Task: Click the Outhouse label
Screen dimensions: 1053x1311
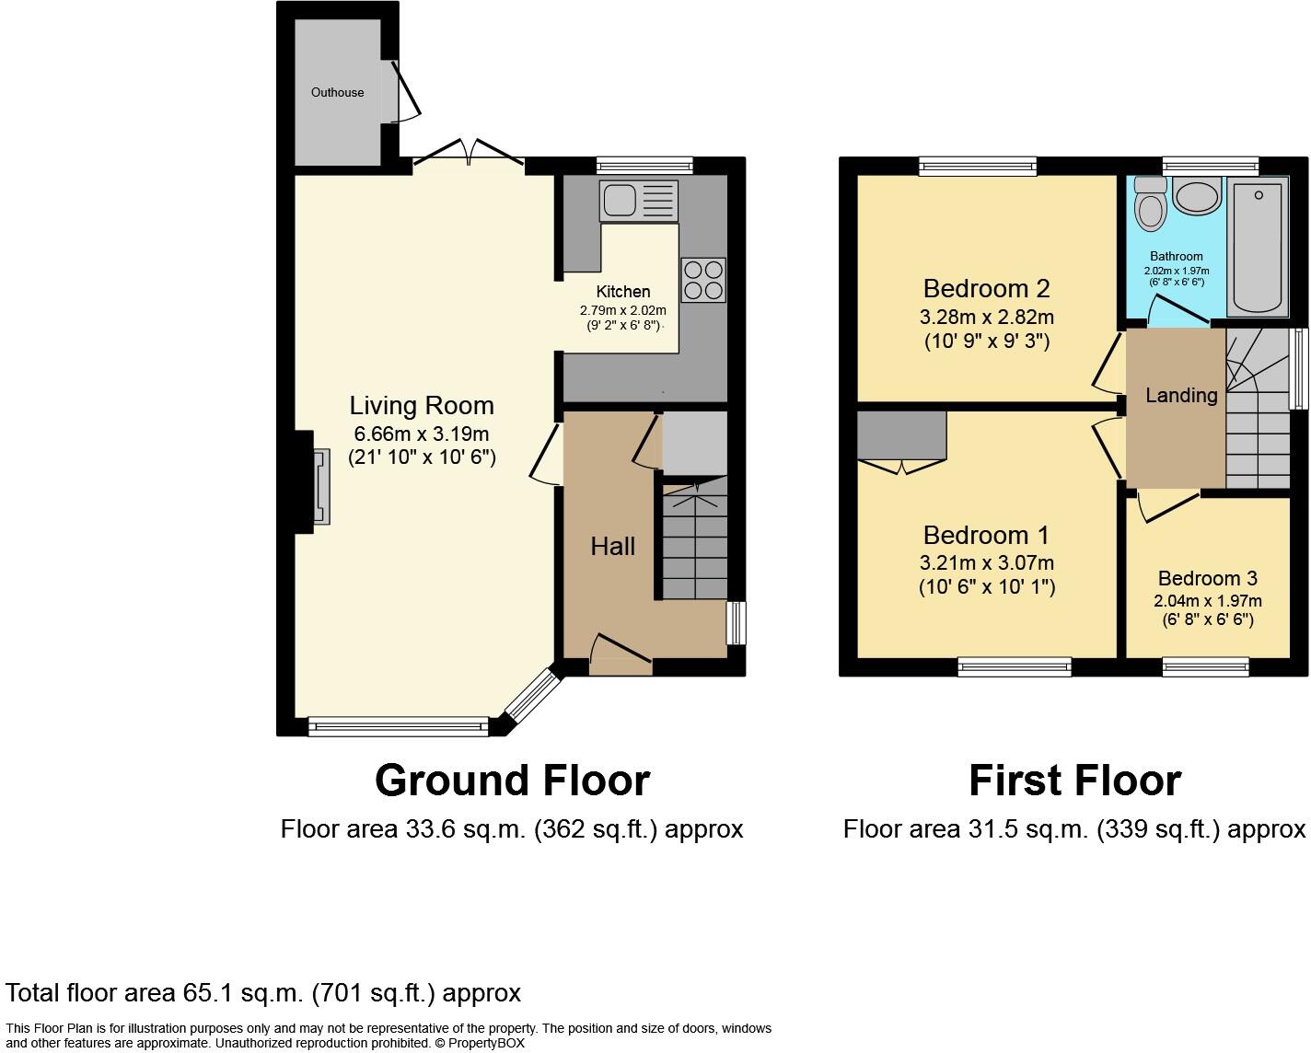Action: pyautogui.click(x=337, y=92)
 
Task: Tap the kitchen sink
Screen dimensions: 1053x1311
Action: pyautogui.click(x=638, y=201)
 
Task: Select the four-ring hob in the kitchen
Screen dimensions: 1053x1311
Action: pyautogui.click(x=703, y=280)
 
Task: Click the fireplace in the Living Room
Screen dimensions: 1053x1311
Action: pyautogui.click(x=319, y=487)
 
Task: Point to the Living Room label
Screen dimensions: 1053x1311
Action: pyautogui.click(x=422, y=406)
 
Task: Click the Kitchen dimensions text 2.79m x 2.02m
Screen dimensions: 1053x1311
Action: pyautogui.click(x=622, y=310)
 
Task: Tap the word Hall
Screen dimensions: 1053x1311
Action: pyautogui.click(x=612, y=546)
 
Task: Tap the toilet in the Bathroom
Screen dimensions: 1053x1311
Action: pyautogui.click(x=1151, y=204)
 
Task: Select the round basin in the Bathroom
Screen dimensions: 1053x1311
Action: pyautogui.click(x=1197, y=197)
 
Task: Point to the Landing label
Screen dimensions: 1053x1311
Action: pyautogui.click(x=1181, y=395)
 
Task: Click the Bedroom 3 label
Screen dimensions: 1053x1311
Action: pyautogui.click(x=1207, y=578)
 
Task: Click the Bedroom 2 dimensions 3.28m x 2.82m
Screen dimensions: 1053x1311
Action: pyautogui.click(x=986, y=318)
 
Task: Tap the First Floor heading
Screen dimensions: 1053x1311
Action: pyautogui.click(x=1074, y=781)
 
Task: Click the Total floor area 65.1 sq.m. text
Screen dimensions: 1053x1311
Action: pyautogui.click(x=263, y=993)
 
